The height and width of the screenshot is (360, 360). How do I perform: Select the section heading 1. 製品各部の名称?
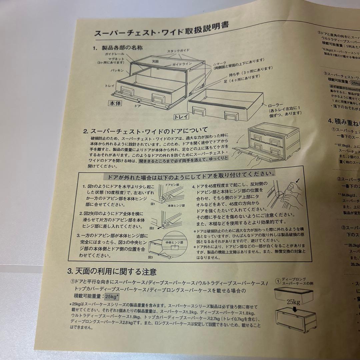point(118,48)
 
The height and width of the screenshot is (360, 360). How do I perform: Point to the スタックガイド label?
point(178,50)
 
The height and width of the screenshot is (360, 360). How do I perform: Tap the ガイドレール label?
point(115,54)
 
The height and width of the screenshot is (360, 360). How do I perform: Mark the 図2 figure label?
point(151,228)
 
